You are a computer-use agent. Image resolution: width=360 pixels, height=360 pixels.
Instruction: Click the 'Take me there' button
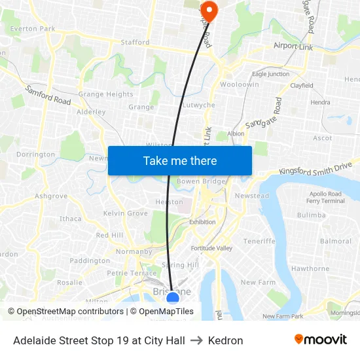180,160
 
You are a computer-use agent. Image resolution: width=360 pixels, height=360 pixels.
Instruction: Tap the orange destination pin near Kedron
209,10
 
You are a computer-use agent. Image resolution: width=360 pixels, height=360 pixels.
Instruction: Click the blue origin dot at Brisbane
173,298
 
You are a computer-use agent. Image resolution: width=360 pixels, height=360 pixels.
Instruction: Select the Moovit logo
321,340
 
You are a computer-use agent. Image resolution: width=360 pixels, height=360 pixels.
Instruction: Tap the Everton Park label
33,29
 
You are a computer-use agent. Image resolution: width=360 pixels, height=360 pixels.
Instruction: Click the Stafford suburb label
135,43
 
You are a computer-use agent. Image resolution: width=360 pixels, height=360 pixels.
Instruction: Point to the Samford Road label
48,96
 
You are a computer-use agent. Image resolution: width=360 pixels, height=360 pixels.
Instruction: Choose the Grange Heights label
105,94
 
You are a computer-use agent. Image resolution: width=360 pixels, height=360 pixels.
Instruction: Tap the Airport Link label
293,47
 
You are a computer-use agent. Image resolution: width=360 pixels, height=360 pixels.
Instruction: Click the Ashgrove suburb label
51,196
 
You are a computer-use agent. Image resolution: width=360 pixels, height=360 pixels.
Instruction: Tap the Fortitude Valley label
211,249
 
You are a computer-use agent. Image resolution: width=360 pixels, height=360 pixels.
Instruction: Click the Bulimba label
311,215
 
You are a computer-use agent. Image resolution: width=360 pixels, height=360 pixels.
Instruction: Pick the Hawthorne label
310,268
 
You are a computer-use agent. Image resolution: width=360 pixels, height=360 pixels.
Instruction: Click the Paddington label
90,261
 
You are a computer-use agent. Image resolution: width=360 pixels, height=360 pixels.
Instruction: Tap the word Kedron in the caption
225,340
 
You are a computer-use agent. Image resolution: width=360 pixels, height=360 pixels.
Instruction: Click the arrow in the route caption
197,340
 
